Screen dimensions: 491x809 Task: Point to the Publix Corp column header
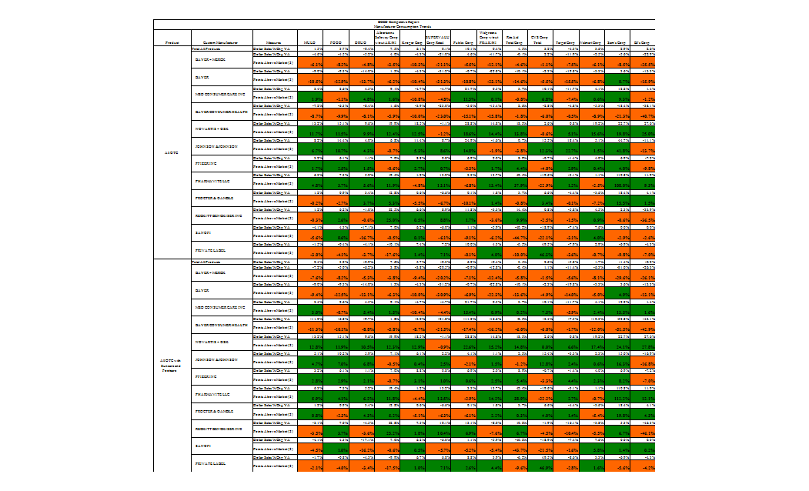coord(463,43)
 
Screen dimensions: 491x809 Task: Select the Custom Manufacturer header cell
coord(221,43)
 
